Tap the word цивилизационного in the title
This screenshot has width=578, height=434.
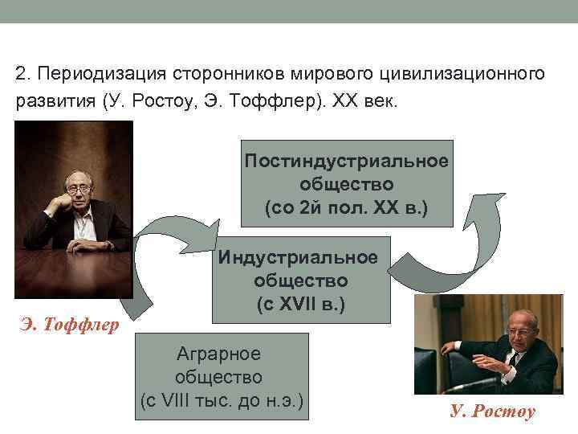click(464, 74)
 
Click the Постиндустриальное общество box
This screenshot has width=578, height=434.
click(347, 184)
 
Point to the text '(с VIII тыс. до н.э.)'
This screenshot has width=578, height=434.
click(222, 399)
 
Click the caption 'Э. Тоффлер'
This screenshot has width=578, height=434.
click(70, 325)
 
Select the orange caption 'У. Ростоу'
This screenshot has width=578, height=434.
click(492, 411)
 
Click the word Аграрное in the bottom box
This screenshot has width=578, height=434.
click(222, 353)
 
